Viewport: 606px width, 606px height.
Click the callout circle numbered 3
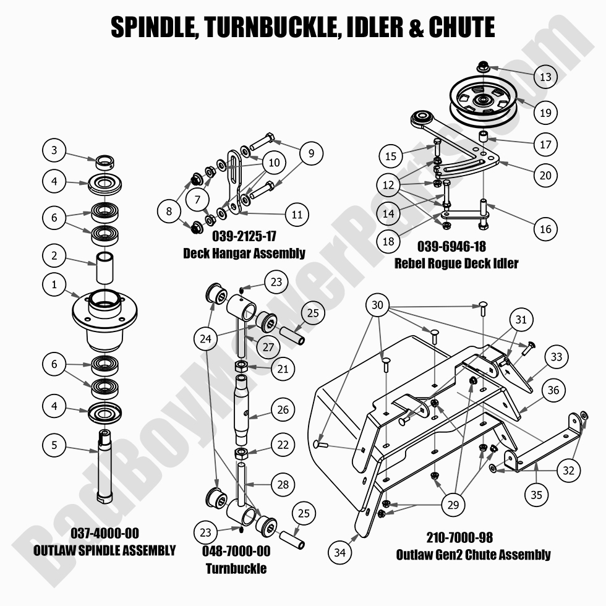(x=54, y=150)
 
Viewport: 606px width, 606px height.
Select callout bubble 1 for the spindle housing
(x=54, y=284)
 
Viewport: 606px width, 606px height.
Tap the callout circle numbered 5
(x=54, y=444)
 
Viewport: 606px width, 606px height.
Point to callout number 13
(x=545, y=77)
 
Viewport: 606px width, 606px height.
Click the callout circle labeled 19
(x=545, y=113)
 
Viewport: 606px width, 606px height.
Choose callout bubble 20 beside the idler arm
(x=545, y=176)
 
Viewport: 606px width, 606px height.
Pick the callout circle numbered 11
(x=296, y=215)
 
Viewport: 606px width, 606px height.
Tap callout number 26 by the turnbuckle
(x=283, y=409)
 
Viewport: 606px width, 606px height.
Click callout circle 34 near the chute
(x=339, y=552)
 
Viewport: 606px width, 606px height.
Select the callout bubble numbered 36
(x=553, y=390)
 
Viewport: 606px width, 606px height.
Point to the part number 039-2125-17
(x=244, y=237)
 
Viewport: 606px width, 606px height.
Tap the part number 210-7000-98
(x=459, y=537)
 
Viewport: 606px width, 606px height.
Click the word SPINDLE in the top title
(x=151, y=28)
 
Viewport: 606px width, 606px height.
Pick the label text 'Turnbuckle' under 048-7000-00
(x=236, y=568)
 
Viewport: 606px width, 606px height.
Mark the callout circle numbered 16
(x=545, y=229)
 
